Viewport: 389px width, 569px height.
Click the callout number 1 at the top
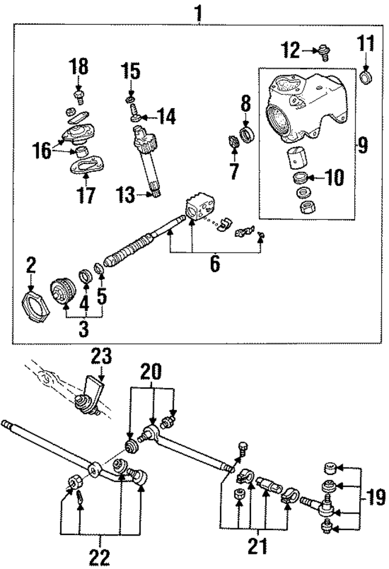point(197,12)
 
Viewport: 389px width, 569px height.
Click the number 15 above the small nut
point(131,71)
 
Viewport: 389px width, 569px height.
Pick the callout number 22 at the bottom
point(101,556)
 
